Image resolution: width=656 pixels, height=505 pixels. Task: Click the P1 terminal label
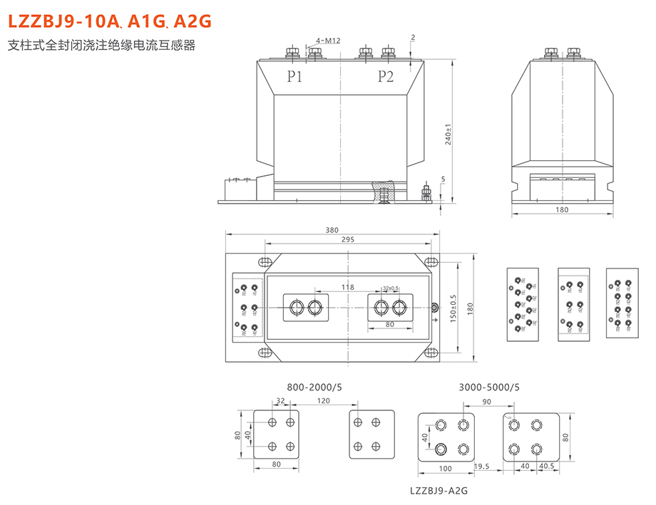pyautogui.click(x=295, y=77)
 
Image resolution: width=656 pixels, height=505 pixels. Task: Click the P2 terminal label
pyautogui.click(x=385, y=77)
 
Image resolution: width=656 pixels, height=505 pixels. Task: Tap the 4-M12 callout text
pyautogui.click(x=327, y=41)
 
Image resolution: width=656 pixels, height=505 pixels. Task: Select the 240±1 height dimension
pyautogui.click(x=448, y=134)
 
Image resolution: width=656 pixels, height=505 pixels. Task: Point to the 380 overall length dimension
pyautogui.click(x=331, y=230)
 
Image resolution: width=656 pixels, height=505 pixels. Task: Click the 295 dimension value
pyautogui.click(x=347, y=240)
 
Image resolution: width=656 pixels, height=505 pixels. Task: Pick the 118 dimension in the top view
pyautogui.click(x=347, y=287)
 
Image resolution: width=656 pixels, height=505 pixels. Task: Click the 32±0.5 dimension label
pyautogui.click(x=390, y=288)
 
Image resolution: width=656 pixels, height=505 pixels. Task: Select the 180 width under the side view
pyautogui.click(x=562, y=209)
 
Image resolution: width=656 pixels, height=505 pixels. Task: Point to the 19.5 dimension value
pyautogui.click(x=481, y=467)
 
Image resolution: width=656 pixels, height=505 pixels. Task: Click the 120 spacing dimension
pyautogui.click(x=324, y=402)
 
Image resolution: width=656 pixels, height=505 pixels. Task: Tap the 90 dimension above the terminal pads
pyautogui.click(x=486, y=402)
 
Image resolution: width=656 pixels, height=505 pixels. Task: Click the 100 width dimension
pyautogui.click(x=445, y=468)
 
